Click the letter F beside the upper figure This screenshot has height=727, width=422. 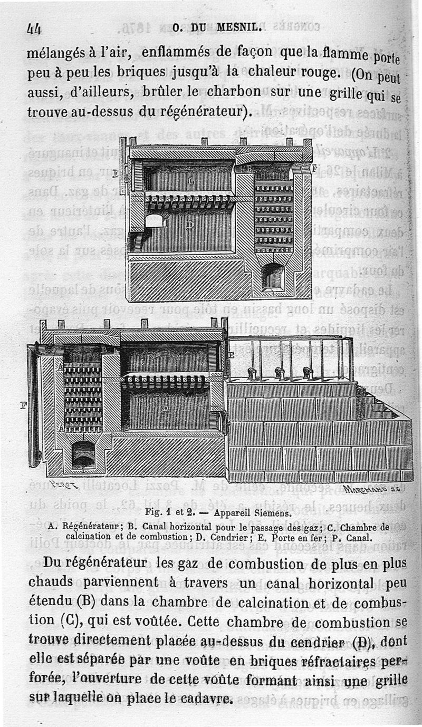tap(314, 169)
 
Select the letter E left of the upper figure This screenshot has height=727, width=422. tap(115, 173)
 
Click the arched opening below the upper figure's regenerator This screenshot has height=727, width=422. tap(273, 276)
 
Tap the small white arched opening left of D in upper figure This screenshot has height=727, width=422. tap(155, 220)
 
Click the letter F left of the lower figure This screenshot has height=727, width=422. tap(24, 405)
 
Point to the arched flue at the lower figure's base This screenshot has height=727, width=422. tap(84, 454)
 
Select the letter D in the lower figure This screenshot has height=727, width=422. tap(165, 408)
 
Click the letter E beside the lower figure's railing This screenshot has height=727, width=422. tap(231, 354)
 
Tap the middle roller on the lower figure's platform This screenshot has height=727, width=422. tap(280, 373)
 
